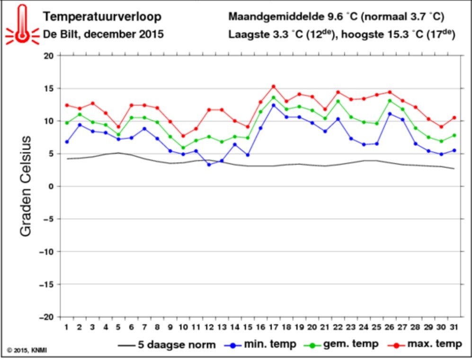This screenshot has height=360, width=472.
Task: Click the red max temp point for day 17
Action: [x=274, y=87]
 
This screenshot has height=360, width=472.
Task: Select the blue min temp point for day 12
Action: [x=209, y=165]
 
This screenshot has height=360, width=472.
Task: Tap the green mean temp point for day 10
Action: [x=183, y=148]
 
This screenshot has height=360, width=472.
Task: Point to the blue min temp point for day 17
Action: [x=274, y=105]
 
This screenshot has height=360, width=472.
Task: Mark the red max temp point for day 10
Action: [x=183, y=136]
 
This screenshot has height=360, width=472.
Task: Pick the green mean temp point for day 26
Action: [x=390, y=101]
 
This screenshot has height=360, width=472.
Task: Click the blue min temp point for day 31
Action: [x=454, y=150]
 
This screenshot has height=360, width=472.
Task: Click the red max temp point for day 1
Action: [x=67, y=105]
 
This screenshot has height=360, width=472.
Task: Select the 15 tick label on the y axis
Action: [x=48, y=89]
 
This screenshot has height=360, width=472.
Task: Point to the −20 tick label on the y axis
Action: [x=46, y=317]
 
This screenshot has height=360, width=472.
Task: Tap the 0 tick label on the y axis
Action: [x=51, y=186]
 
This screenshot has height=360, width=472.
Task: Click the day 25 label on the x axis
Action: [x=377, y=327]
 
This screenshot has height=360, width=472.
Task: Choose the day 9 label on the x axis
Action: [x=170, y=327]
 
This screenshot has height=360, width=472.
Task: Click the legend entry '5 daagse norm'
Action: [x=167, y=345]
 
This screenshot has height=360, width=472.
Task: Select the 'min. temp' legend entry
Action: [x=261, y=345]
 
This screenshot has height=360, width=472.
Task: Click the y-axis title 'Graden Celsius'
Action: [x=26, y=186]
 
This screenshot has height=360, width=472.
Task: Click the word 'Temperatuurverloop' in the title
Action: [x=102, y=17]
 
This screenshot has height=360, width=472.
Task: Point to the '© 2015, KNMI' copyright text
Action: [x=27, y=351]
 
